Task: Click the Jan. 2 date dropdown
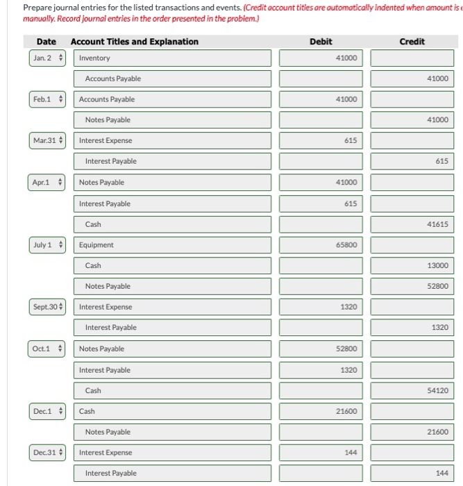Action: [x=47, y=58]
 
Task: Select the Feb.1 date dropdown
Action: [x=47, y=99]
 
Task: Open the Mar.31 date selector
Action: [x=47, y=140]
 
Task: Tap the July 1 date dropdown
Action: [x=47, y=244]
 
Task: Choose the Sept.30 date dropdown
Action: [x=47, y=306]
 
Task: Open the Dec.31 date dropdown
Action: [x=47, y=452]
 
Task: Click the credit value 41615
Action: [x=412, y=224]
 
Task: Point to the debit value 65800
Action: [x=320, y=244]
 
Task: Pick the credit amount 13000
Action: [x=412, y=265]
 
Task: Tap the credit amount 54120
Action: [x=412, y=391]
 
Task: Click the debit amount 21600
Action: [x=320, y=411]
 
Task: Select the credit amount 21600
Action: [x=412, y=432]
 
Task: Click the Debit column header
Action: [x=320, y=42]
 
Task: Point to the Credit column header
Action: [x=412, y=42]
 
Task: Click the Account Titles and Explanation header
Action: [x=134, y=42]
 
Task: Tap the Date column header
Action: [x=47, y=42]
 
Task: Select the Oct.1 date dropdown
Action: [x=47, y=349]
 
